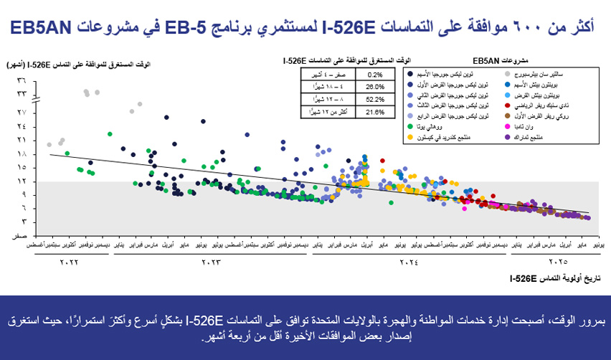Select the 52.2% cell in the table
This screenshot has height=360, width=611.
(x=375, y=100)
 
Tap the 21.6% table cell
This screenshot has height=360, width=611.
(x=375, y=113)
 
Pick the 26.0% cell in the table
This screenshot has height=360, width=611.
(x=375, y=87)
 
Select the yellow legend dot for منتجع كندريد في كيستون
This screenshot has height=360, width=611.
(x=409, y=136)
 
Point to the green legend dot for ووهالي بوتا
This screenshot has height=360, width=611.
(x=409, y=126)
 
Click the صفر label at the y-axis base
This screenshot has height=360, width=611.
(x=22, y=235)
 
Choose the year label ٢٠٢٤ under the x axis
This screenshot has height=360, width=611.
(x=407, y=262)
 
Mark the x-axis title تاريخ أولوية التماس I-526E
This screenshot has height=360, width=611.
(x=548, y=277)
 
